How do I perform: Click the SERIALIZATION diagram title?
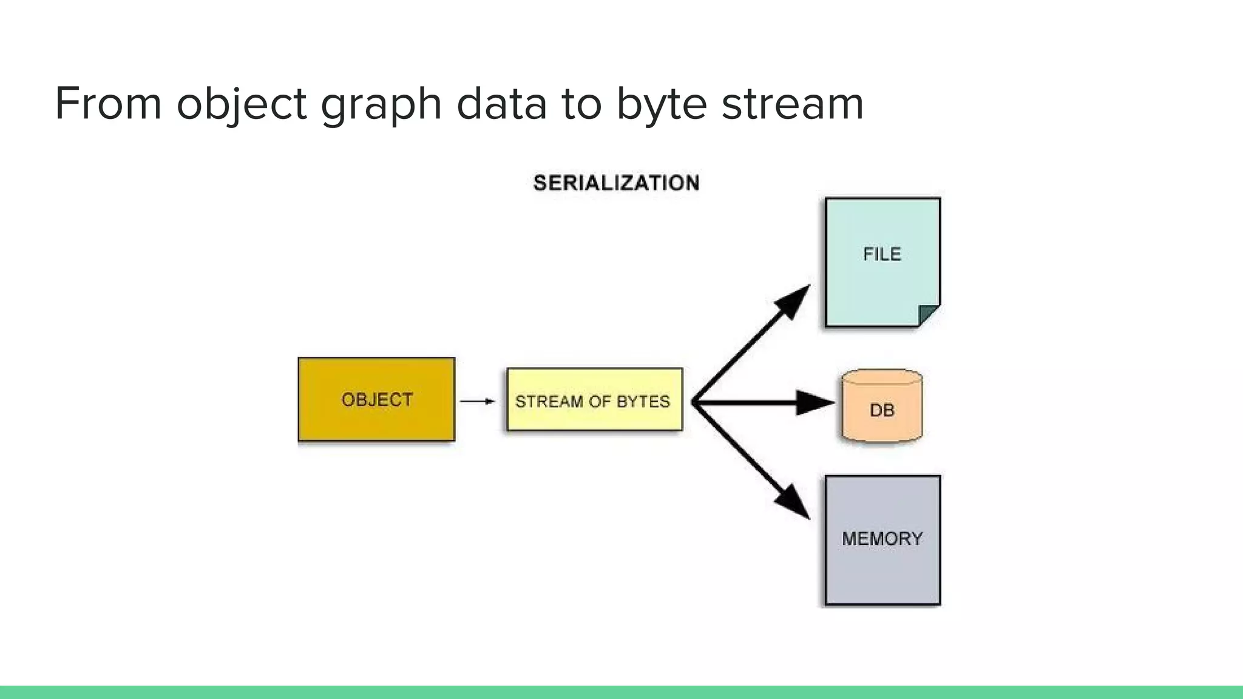click(x=616, y=183)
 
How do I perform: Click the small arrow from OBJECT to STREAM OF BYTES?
click(x=477, y=401)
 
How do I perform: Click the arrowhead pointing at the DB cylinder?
click(x=815, y=402)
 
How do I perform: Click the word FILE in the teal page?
click(x=882, y=254)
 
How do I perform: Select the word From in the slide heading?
click(x=108, y=103)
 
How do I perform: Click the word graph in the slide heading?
click(x=381, y=104)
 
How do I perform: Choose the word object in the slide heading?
click(x=242, y=104)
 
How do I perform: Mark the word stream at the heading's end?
click(x=792, y=104)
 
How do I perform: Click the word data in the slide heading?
click(x=501, y=103)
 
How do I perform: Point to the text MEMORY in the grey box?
click(x=882, y=539)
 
